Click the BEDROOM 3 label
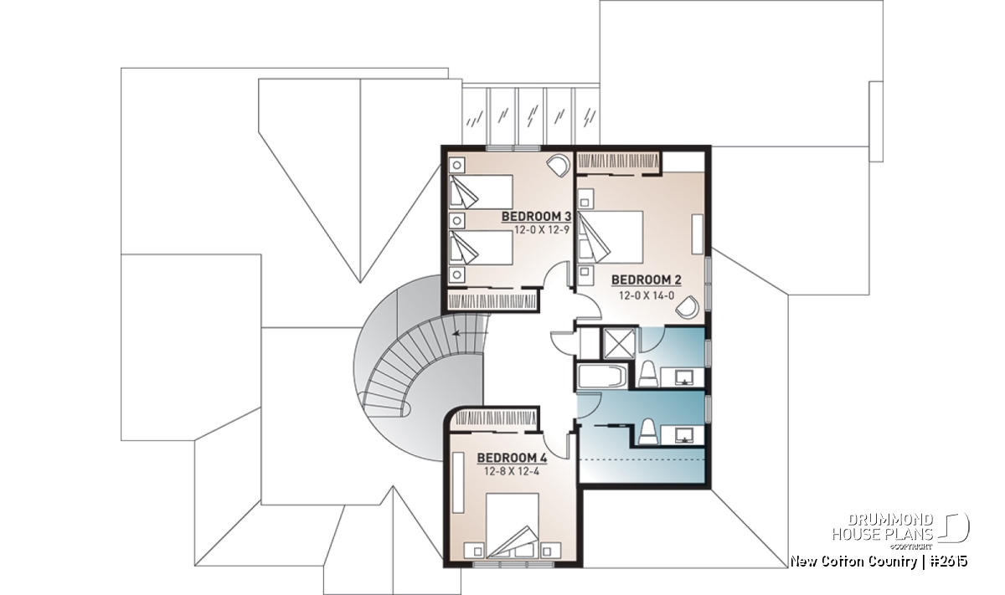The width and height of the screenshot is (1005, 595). tap(536, 217)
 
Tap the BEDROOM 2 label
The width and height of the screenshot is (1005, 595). tap(647, 280)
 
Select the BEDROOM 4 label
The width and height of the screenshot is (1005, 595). tap(512, 458)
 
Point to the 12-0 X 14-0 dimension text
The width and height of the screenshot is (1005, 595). tap(647, 295)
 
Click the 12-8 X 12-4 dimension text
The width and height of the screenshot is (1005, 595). tap(512, 471)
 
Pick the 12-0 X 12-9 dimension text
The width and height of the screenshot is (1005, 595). tap(542, 230)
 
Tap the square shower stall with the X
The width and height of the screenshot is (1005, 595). tap(619, 344)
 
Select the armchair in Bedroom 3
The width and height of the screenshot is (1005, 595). tap(558, 166)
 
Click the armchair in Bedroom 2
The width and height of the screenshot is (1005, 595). tap(688, 307)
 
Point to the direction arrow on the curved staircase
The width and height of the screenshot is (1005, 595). tap(470, 333)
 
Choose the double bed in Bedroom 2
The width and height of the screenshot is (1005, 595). tap(611, 237)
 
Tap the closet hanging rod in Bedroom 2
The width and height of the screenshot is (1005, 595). tap(618, 162)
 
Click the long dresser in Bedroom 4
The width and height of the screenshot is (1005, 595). tap(458, 483)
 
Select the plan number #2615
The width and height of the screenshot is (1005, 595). tap(949, 562)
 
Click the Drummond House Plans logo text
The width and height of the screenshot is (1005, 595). tap(883, 527)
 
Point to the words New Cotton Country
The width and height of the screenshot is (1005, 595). tap(853, 562)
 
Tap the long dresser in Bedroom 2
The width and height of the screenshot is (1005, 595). tap(697, 234)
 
